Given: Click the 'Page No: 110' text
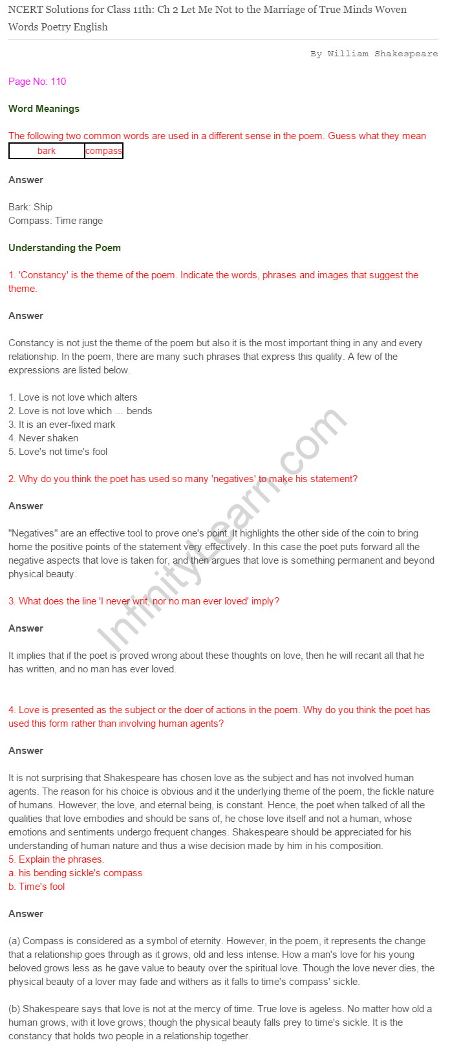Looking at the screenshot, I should click(37, 82).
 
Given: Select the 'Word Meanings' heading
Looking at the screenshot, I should click(44, 109).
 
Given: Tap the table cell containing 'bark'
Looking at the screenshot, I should click(47, 151).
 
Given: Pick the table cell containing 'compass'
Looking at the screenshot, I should click(103, 151).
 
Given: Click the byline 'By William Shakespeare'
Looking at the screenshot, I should click(374, 54).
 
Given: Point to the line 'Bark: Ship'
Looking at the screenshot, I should click(30, 207).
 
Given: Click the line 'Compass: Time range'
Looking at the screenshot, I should click(56, 221).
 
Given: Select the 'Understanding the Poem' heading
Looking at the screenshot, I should click(65, 248).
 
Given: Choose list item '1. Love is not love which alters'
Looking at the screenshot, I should click(72, 397).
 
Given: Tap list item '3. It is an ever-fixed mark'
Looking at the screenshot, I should click(62, 425).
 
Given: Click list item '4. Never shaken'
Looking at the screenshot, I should click(43, 438).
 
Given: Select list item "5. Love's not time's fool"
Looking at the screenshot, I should click(58, 452).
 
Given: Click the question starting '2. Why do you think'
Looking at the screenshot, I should click(183, 479).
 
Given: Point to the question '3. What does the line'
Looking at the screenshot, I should click(144, 601).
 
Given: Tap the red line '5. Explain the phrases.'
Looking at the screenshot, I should click(56, 859).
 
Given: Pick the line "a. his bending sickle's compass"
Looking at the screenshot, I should click(75, 873).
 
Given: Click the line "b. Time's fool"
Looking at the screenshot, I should click(37, 887).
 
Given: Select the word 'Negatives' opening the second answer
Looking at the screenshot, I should click(33, 533).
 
